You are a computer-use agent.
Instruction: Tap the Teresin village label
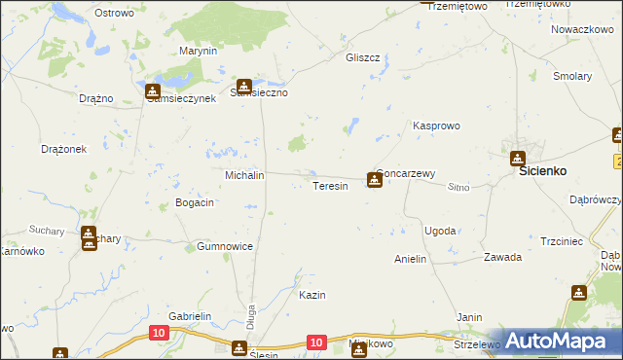click(330, 186)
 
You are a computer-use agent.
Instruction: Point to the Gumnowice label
click(225, 246)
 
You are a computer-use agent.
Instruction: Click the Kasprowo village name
click(436, 126)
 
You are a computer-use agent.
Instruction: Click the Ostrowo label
click(114, 13)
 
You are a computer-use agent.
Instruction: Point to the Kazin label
click(311, 295)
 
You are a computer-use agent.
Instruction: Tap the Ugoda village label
click(439, 231)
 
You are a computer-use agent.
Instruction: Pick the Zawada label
click(503, 258)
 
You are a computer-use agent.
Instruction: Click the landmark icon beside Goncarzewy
click(374, 179)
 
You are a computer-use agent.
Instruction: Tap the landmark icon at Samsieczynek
click(153, 92)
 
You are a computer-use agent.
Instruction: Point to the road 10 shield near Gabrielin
click(159, 333)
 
